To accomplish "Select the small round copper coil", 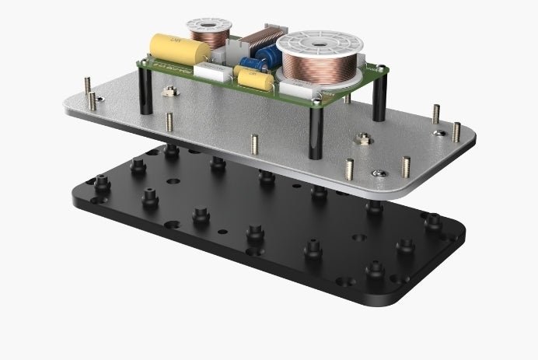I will click(x=209, y=34).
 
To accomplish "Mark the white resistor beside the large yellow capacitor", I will click(x=213, y=72).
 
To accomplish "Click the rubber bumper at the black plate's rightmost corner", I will click(x=432, y=224).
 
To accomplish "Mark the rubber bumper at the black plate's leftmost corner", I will click(x=101, y=185).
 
